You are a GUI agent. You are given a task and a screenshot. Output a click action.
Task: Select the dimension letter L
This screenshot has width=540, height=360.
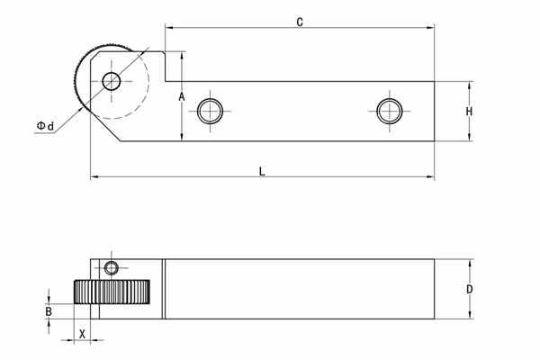pos(262,169)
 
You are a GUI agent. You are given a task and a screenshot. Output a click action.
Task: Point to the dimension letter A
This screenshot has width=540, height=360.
pos(181,96)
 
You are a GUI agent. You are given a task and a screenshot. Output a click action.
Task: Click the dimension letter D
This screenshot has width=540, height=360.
pos(469,289)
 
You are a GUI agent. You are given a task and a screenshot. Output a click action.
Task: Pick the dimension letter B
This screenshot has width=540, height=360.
pos(49,311)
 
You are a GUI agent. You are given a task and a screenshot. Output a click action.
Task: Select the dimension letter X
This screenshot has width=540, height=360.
pos(82,333)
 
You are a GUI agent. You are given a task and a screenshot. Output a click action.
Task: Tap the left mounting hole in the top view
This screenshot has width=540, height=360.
pos(211,111)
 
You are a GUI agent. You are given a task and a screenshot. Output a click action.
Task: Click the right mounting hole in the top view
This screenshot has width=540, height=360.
pos(388,111)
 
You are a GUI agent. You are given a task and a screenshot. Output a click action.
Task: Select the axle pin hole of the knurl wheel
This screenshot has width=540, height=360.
pos(112,82)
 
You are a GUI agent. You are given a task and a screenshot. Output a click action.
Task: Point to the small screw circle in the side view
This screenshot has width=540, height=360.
pos(111,267)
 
